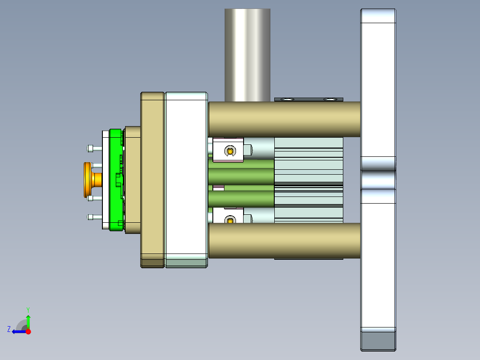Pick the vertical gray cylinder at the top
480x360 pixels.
pyautogui.click(x=248, y=53)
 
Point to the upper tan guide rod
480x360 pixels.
pyautogui.click(x=285, y=119)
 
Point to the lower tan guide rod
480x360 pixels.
pyautogui.click(x=285, y=241)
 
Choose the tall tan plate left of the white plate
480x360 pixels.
pyautogui.click(x=152, y=178)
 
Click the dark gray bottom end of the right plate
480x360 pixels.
pyautogui.click(x=378, y=341)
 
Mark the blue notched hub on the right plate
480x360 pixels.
pyautogui.click(x=378, y=180)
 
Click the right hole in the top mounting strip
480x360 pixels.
pyautogui.click(x=329, y=99)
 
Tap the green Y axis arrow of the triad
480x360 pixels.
pyautogui.click(x=28, y=320)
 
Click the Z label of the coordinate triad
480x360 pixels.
pyautogui.click(x=9, y=329)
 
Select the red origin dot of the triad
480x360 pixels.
pyautogui.click(x=28, y=331)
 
